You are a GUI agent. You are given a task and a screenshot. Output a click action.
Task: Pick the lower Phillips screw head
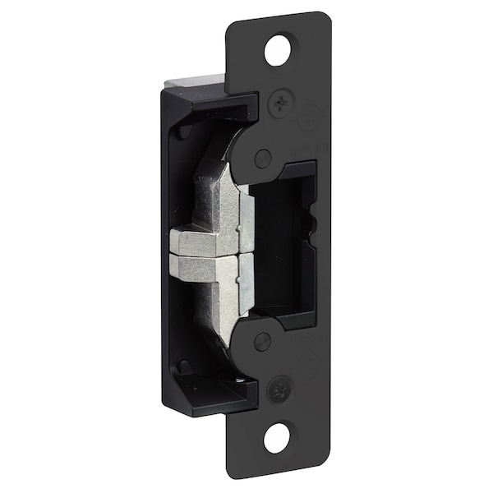coord(279,386)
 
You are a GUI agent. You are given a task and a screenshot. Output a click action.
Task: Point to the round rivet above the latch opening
coord(263,159)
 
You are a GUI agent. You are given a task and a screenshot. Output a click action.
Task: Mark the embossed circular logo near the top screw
coord(309,120)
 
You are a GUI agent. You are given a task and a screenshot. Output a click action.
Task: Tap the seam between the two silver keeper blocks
coord(201,256)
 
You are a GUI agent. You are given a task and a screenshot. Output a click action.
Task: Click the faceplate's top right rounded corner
coord(326,18)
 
